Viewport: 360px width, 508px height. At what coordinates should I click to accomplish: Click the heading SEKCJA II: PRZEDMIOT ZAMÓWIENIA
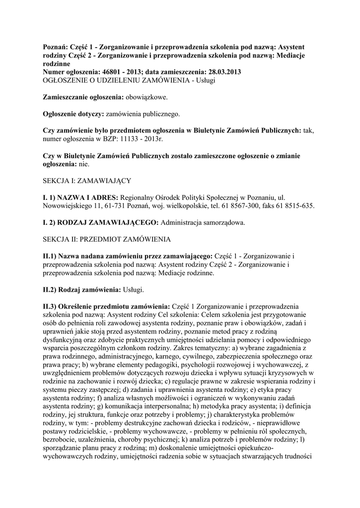pos(107,239)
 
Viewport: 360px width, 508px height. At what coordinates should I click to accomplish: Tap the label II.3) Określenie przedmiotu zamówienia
pos(106,306)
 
